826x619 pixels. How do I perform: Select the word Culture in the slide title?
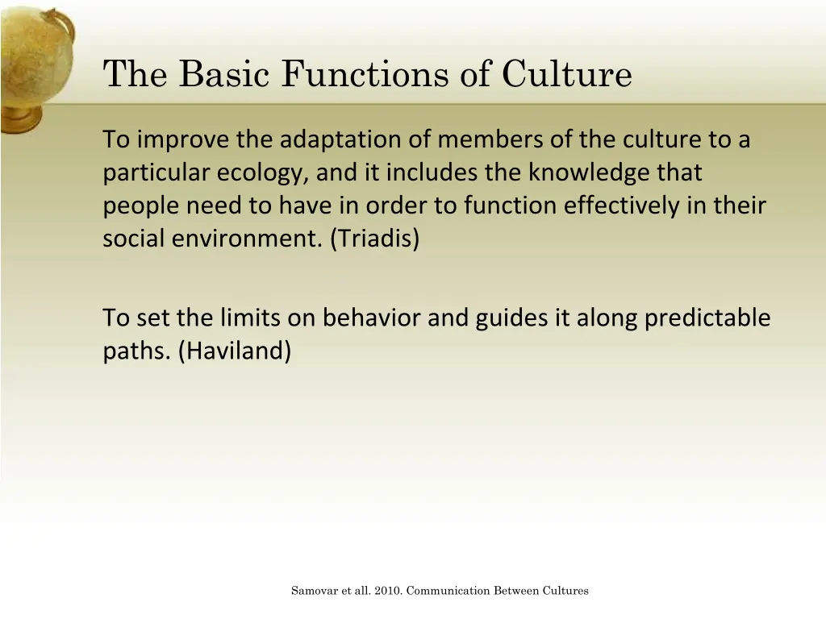(566, 75)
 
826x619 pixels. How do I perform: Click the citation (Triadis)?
(374, 239)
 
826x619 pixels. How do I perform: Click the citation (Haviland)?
(234, 351)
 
